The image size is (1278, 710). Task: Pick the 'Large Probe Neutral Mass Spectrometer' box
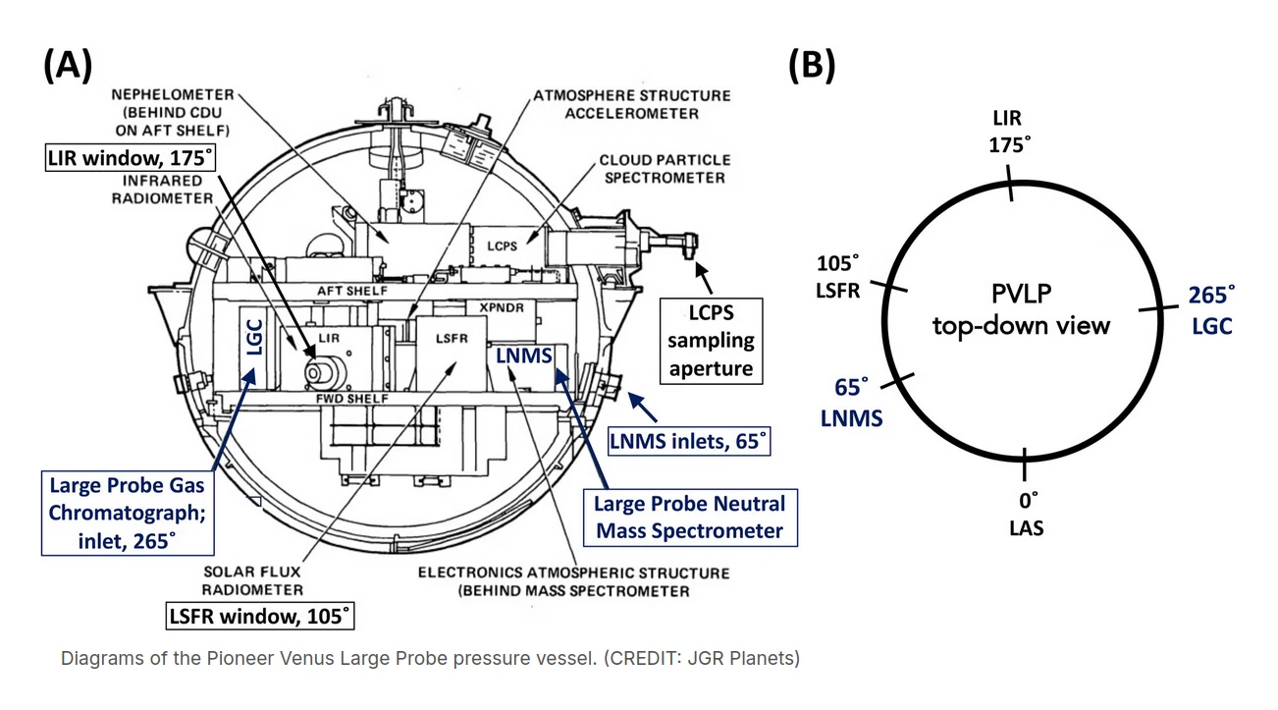click(689, 517)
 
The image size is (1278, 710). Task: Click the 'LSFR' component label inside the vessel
click(448, 338)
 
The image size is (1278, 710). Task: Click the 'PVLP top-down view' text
click(1021, 310)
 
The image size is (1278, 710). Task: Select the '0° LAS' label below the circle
click(1026, 514)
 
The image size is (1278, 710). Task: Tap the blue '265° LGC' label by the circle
click(1211, 311)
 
